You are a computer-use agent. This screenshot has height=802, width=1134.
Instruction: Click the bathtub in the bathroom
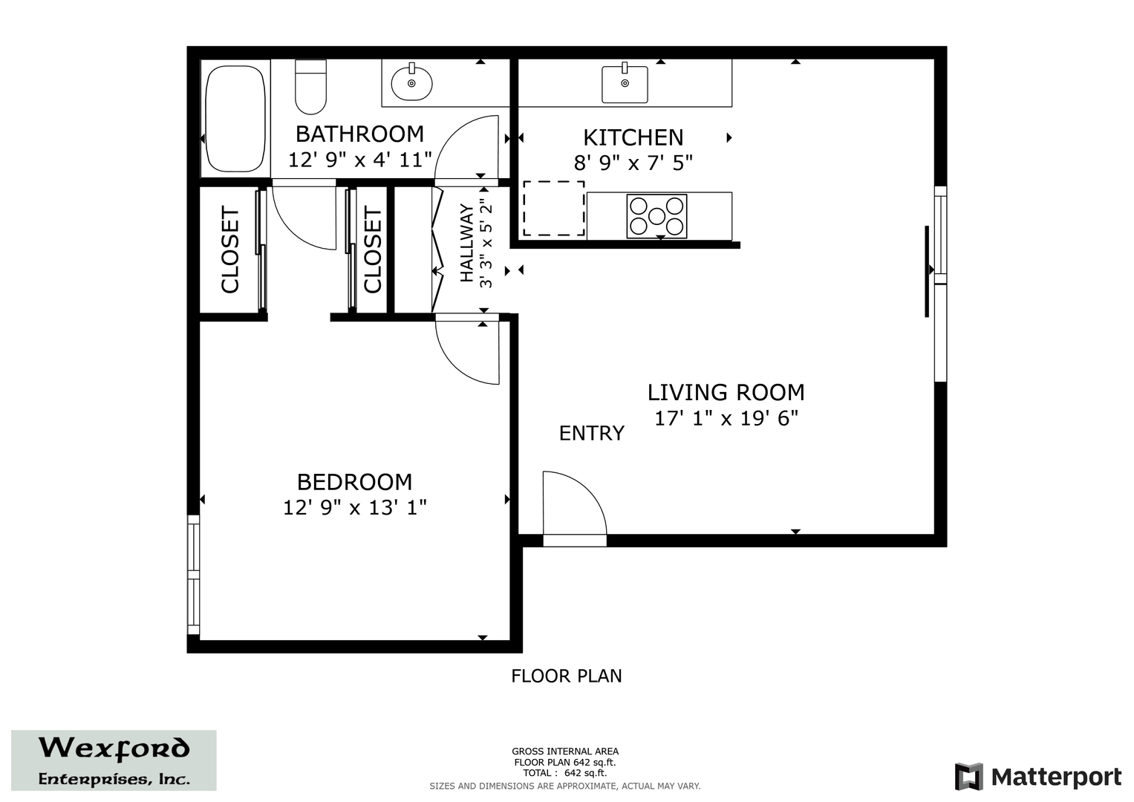tap(235, 119)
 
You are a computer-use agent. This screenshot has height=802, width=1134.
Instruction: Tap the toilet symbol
tap(311, 87)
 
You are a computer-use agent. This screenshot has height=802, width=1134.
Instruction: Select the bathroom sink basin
tap(411, 83)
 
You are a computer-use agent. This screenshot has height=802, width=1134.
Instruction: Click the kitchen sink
tap(625, 84)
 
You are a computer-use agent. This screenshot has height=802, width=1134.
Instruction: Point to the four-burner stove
tap(656, 216)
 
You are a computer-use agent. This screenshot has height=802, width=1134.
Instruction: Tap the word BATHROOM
tap(359, 134)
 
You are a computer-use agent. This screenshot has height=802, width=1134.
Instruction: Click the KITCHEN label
tap(633, 137)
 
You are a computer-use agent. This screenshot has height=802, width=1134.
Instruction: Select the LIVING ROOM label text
tap(726, 392)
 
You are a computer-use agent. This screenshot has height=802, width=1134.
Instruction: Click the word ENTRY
tap(591, 434)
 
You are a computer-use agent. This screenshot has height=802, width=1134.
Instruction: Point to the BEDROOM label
tap(354, 482)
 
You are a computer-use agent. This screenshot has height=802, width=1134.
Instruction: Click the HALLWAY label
tap(466, 243)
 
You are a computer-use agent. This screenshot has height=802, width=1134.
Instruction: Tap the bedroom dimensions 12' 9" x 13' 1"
tap(354, 507)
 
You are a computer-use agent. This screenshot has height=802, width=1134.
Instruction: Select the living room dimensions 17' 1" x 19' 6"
tap(726, 419)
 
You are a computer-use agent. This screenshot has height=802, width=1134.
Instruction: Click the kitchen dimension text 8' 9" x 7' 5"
tap(633, 163)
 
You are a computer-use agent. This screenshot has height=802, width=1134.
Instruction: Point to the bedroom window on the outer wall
tap(193, 575)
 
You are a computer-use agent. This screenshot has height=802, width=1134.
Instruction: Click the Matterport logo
tap(1038, 776)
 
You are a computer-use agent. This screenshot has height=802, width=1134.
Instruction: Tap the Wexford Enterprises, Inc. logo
tap(114, 760)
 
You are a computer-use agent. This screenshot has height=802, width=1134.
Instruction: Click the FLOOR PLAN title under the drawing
tap(566, 676)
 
